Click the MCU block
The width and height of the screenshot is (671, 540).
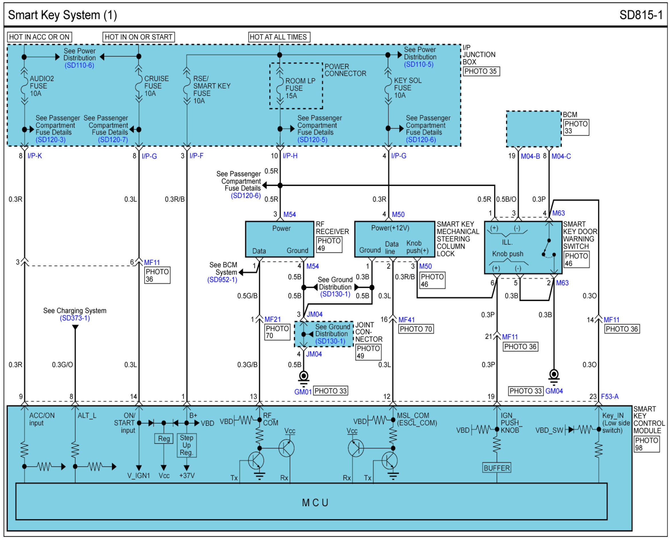pos(311,501)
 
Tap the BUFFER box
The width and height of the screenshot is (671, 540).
pos(496,468)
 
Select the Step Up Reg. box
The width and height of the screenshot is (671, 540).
pos(186,445)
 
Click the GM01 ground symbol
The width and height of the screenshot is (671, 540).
pos(304,378)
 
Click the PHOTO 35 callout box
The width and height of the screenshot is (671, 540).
pos(481,71)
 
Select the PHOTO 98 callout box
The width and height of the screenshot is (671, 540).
pos(646,444)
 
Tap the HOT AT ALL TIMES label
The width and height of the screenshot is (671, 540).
pos(279,37)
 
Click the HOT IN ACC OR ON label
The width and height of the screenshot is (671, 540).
pos(40,37)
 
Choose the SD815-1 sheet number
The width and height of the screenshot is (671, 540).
pos(641,15)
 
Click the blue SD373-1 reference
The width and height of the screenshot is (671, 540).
pos(75,318)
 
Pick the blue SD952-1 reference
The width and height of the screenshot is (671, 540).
pos(222,280)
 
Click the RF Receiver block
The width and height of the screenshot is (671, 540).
pos(280,239)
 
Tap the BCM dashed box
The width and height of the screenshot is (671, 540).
pos(534,129)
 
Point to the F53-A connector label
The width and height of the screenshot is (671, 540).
pos(610,397)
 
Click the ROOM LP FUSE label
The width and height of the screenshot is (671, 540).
pos(300,88)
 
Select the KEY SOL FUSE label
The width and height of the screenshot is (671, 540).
pos(408,88)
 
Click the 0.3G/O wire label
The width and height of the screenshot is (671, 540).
pos(62,365)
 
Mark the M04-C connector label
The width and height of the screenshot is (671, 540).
pos(561,156)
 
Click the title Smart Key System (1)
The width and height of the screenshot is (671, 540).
pos(62,15)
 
